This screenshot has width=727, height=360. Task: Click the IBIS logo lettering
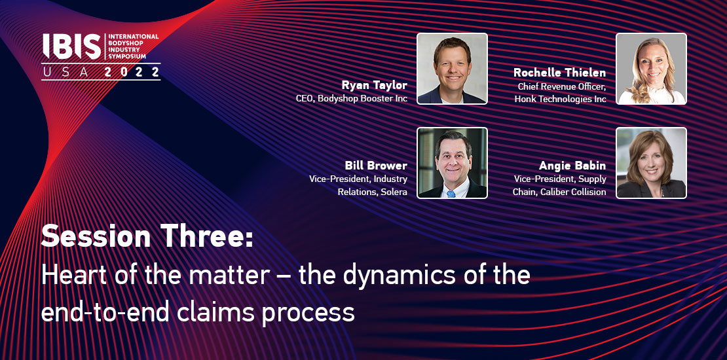pyautogui.click(x=72, y=46)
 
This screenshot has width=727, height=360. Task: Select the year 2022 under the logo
pyautogui.click(x=132, y=72)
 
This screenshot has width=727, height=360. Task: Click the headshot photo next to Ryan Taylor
pyautogui.click(x=452, y=69)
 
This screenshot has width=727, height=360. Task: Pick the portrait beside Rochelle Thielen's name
pyautogui.click(x=651, y=69)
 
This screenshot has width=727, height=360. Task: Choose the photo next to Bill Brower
pyautogui.click(x=452, y=162)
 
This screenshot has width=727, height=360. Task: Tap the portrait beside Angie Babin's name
pyautogui.click(x=651, y=162)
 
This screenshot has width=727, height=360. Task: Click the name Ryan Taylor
pyautogui.click(x=374, y=86)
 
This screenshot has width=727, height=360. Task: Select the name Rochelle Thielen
pyautogui.click(x=559, y=73)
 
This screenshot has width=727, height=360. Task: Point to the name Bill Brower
pyautogui.click(x=376, y=166)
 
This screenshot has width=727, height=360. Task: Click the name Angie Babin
pyautogui.click(x=572, y=166)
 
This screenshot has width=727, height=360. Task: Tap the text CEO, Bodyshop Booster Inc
pyautogui.click(x=352, y=99)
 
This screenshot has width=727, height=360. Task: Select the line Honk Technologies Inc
pyautogui.click(x=560, y=99)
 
